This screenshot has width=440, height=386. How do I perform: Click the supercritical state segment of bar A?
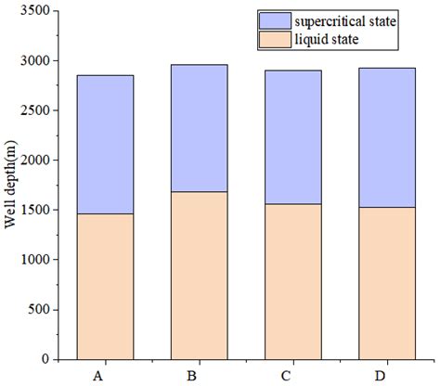[105, 145]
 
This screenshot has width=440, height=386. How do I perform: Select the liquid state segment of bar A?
[105, 287]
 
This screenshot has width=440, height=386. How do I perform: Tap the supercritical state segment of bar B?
[200, 128]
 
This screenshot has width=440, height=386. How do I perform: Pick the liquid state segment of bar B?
[200, 276]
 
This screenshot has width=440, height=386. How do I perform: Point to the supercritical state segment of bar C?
[293, 137]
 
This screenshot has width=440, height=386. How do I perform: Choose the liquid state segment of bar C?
[293, 282]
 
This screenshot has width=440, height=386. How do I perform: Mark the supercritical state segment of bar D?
[387, 137]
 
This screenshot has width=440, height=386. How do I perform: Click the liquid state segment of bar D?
[387, 284]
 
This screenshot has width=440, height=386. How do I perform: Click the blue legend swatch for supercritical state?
[275, 21]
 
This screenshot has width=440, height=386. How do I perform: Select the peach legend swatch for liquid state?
[275, 40]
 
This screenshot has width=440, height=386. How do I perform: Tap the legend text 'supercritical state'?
[345, 21]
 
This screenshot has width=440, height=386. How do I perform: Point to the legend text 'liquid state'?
[327, 40]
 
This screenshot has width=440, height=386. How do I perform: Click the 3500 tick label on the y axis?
[35, 10]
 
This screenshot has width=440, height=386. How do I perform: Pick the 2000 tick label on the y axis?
[35, 160]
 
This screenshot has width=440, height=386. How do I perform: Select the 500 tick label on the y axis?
[39, 309]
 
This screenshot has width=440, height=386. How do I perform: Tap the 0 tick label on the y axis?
[45, 359]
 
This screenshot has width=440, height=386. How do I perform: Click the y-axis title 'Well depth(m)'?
[10, 185]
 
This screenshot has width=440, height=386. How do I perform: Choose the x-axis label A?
[98, 376]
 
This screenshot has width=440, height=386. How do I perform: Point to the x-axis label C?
[286, 376]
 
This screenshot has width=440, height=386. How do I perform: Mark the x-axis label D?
[380, 376]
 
